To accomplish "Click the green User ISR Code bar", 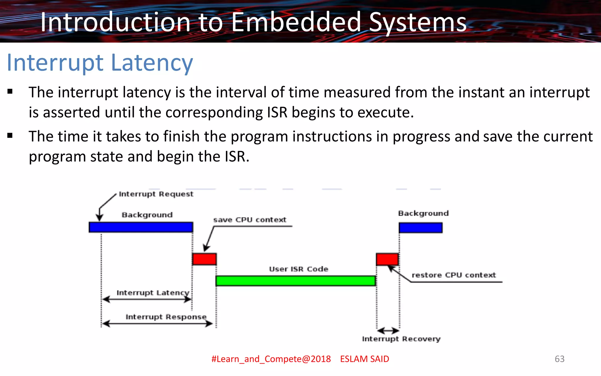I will point(296,281).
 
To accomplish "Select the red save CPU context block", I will point(204,259).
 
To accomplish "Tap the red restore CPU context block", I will point(387,259).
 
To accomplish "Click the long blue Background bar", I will point(141,227).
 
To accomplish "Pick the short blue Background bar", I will point(421,228).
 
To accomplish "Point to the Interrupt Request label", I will point(156,194).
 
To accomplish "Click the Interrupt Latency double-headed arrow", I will point(147,299).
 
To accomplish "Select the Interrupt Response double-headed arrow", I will point(157,324).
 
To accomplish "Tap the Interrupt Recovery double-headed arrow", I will point(388,331).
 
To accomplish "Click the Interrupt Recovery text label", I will point(401,339).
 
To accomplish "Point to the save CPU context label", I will point(250,220).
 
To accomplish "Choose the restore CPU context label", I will point(454,275).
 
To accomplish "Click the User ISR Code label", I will point(298,269).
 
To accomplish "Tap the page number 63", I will point(559,359).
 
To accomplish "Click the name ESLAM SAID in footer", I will point(364,359).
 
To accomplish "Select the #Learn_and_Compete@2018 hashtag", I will point(271,359).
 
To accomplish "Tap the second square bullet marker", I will point(10,135).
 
